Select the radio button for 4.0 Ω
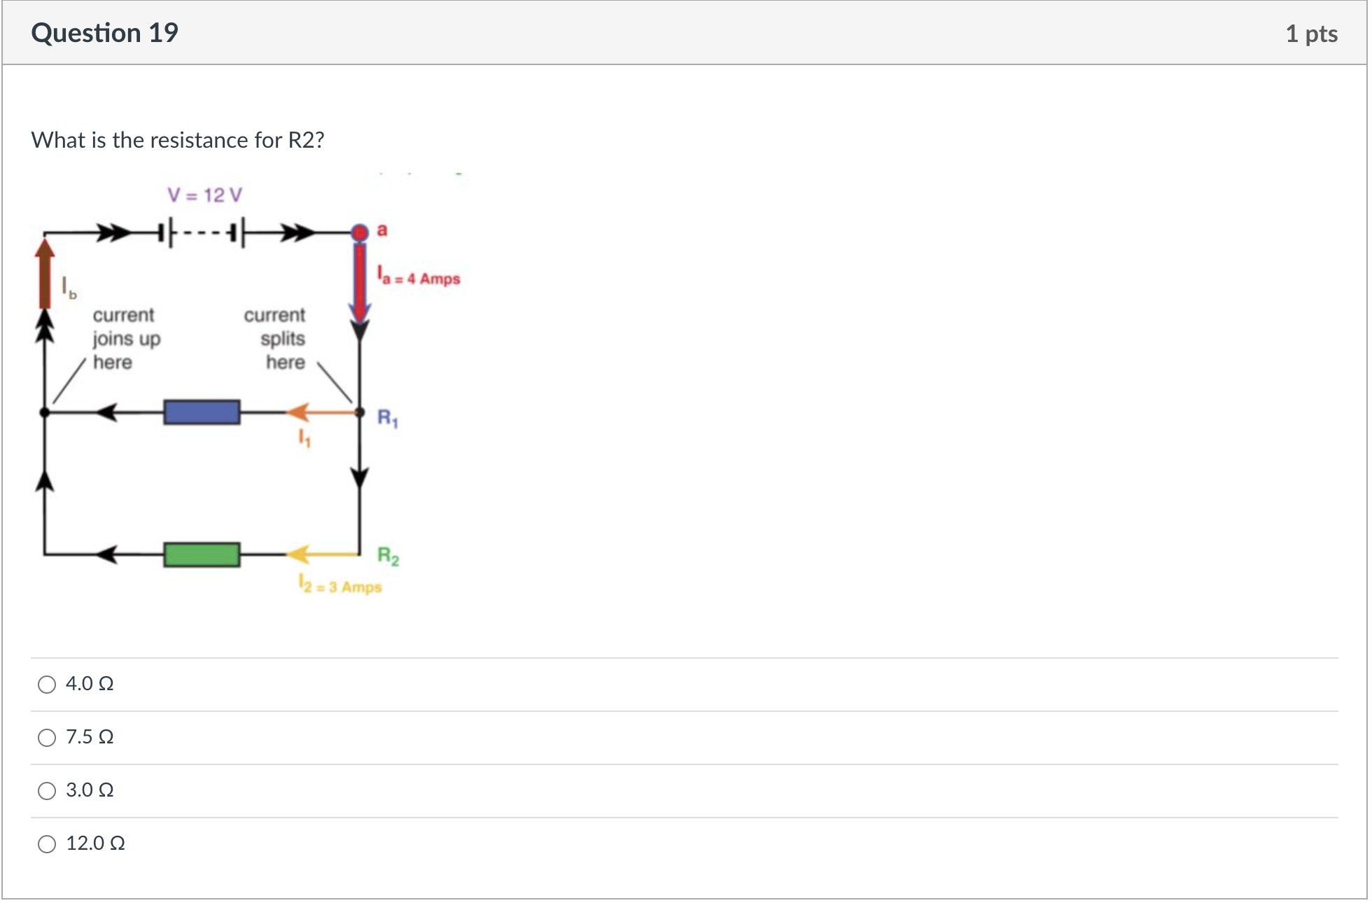pos(47,684)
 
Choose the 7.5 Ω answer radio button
pos(47,737)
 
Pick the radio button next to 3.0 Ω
pos(47,790)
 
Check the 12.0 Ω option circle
pos(47,843)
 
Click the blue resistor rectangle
pos(202,412)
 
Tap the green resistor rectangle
pos(202,554)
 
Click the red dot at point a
pos(359,232)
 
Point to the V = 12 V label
pos(204,195)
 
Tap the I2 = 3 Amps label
pos(340,585)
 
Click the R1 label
pos(388,418)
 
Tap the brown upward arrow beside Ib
pos(45,273)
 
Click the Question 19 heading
pos(105,33)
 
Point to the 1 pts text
pos(1311,34)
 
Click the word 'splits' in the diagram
pos(283,339)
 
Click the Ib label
pos(69,288)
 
